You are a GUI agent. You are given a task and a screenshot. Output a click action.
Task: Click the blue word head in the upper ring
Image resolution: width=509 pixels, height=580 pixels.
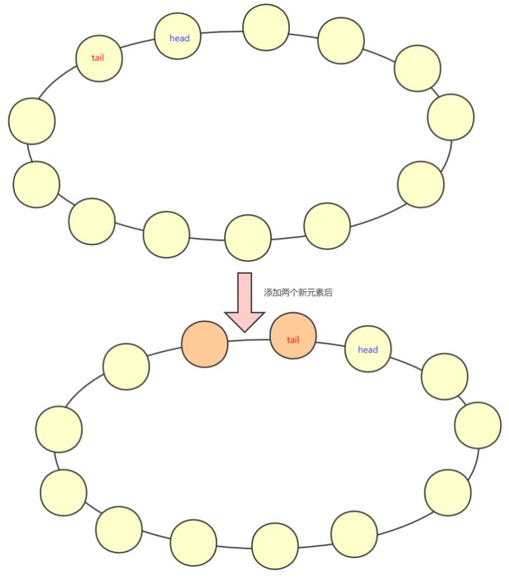click(179, 38)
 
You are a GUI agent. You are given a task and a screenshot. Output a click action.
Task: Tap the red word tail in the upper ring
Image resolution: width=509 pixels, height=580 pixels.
click(98, 58)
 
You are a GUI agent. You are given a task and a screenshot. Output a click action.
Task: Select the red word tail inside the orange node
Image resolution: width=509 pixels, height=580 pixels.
click(293, 340)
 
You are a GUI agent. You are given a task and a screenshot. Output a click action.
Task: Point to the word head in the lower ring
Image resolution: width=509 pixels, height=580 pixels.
click(367, 350)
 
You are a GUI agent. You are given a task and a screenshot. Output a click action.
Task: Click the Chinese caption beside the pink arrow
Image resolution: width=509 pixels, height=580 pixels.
click(298, 293)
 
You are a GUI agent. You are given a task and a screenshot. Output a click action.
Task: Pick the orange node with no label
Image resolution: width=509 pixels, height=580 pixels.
click(204, 344)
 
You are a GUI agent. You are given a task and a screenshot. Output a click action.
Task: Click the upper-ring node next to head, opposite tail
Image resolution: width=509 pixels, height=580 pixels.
click(265, 27)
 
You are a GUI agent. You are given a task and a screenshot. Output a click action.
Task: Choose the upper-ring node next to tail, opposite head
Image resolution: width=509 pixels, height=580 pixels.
click(32, 120)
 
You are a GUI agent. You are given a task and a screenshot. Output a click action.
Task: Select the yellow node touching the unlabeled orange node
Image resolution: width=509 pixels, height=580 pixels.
click(126, 367)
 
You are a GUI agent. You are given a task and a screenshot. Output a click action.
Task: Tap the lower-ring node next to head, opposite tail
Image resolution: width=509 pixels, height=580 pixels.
click(444, 376)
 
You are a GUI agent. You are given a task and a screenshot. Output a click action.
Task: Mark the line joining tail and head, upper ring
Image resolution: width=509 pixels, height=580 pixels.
click(139, 45)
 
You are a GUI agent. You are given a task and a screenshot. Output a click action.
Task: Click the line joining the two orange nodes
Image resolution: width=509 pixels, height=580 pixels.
click(249, 341)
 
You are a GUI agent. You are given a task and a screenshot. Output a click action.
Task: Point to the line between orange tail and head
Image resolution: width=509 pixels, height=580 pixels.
click(330, 343)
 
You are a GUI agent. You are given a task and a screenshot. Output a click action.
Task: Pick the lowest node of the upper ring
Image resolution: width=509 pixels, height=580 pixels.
click(247, 238)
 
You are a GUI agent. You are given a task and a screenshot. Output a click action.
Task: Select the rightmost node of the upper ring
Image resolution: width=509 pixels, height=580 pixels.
click(450, 117)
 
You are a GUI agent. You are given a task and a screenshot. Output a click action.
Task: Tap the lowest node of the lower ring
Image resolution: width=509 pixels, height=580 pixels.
click(275, 546)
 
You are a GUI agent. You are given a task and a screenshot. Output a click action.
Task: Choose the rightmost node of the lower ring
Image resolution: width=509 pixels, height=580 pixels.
click(477, 425)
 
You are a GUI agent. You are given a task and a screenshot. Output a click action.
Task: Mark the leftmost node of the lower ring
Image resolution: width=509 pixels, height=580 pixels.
click(59, 428)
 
